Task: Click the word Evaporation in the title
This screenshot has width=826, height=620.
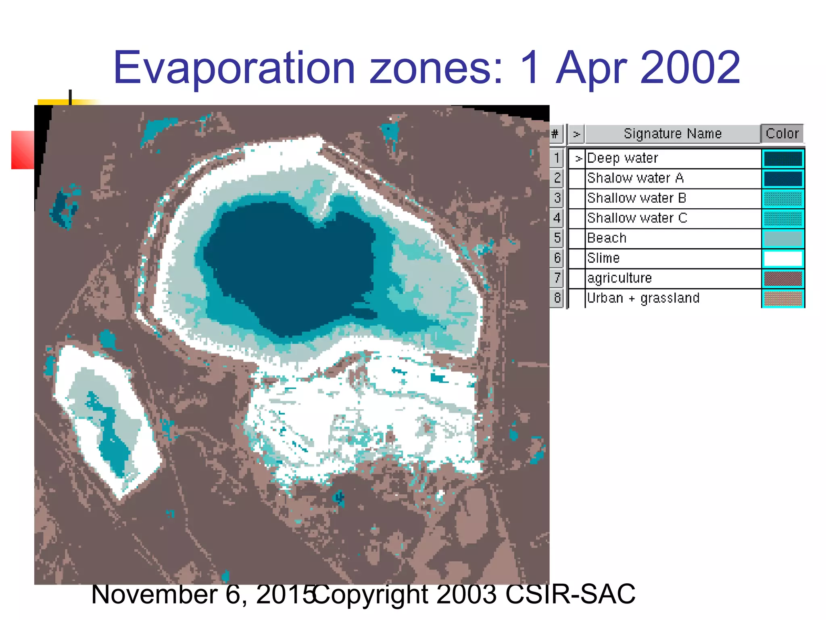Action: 234,68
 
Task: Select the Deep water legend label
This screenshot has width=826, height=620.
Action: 622,158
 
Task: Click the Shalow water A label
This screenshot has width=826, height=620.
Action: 635,178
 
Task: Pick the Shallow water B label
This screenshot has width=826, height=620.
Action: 636,198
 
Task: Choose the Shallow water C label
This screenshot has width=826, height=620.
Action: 637,218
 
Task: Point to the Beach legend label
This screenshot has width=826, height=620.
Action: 607,238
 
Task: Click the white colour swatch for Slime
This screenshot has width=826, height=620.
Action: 782,258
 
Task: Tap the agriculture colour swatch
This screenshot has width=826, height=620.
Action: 782,279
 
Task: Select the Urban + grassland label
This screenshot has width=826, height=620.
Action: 643,298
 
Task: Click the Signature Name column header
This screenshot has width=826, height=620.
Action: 672,134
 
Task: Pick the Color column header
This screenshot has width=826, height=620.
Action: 782,134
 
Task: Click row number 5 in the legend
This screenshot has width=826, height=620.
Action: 557,238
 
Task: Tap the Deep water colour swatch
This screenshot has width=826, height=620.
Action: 782,159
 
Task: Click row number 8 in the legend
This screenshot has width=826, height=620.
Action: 557,298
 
